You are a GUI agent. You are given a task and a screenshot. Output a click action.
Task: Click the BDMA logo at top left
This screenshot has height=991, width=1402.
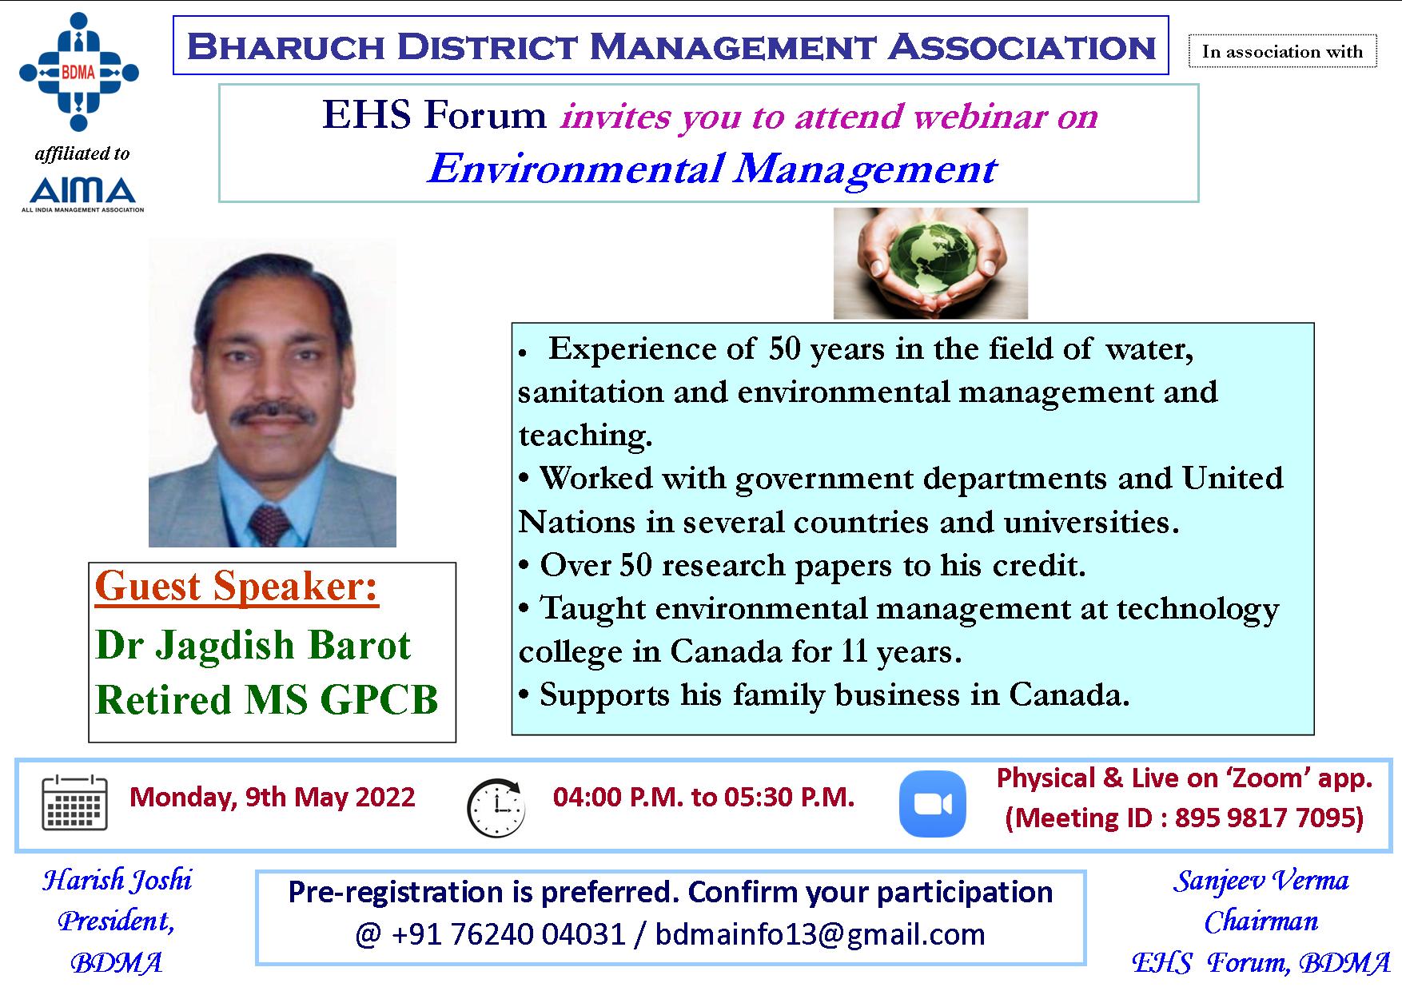point(78,72)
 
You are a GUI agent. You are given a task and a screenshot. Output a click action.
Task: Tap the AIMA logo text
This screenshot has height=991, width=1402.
point(82,191)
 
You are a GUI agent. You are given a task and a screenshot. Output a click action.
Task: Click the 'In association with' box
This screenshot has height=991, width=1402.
point(1282,52)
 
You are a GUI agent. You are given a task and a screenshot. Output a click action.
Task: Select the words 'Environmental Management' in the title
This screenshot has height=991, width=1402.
point(711,169)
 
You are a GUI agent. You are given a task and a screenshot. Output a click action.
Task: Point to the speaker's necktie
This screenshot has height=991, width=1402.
point(269,523)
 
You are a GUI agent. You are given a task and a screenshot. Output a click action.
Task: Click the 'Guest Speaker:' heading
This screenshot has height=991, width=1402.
point(237,587)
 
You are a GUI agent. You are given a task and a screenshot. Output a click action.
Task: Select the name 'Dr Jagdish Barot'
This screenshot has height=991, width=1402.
point(253,645)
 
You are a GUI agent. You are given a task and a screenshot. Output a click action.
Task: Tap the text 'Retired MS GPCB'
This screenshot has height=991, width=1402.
point(267,700)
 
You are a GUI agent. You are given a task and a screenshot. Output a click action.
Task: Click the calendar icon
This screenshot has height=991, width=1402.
point(74,802)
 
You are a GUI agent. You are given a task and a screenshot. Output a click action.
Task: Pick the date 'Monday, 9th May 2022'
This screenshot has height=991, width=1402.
point(273,797)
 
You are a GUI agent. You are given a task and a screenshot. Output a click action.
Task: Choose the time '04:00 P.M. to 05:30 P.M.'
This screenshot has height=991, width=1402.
point(703,797)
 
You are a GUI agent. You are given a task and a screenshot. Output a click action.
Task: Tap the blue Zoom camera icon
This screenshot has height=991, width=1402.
point(932,803)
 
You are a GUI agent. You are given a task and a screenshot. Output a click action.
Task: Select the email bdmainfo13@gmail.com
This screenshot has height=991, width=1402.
point(819,934)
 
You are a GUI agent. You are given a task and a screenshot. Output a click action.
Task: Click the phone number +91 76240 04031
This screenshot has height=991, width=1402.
point(508,934)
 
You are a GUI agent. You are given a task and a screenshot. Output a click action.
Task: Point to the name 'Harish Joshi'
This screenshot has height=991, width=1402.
point(117,881)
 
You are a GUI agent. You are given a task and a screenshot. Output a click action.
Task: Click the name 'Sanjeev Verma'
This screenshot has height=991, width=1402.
point(1261,881)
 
